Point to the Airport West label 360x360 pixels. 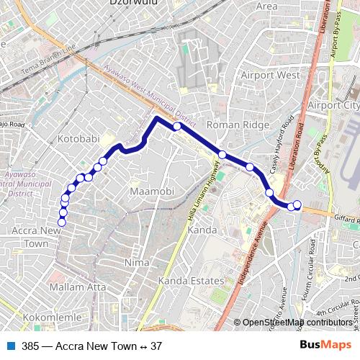click(270, 75)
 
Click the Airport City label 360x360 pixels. click(333, 105)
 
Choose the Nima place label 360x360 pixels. click(137, 262)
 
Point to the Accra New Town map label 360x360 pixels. click(34, 237)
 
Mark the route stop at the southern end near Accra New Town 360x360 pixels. click(62, 222)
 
